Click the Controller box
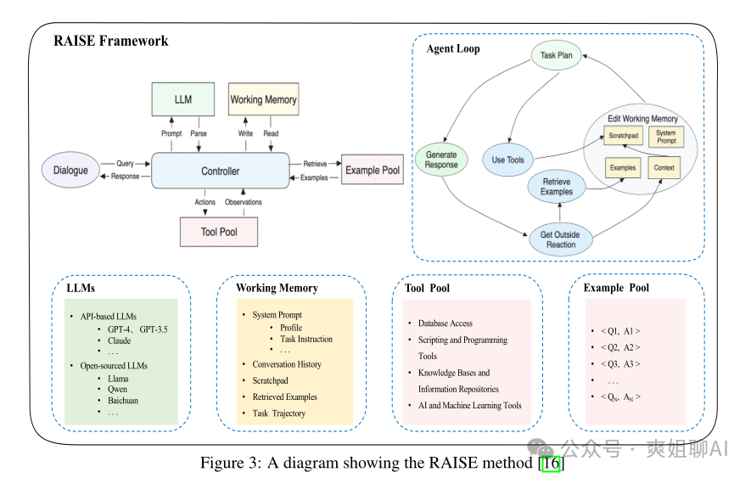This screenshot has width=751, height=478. coord(220,171)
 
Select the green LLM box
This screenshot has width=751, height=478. coord(182,100)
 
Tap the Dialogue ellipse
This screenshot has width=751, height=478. coord(70,171)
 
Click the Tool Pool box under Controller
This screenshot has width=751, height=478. coord(218,231)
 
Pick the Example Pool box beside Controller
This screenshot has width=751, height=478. coord(372,171)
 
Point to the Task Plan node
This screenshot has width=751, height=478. coord(557,56)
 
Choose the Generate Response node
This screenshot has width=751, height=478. coord(441,160)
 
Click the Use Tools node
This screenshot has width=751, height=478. coord(508,160)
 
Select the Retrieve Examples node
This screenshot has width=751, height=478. coord(557,187)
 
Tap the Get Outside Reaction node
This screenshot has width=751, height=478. coord(561,239)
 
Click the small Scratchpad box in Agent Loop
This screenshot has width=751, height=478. coord(622,137)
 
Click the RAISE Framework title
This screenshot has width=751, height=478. coord(111,41)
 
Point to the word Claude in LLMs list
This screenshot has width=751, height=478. coord(120,340)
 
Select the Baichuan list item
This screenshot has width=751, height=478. coord(123,402)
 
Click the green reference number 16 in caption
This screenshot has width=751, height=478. coord(552,464)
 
